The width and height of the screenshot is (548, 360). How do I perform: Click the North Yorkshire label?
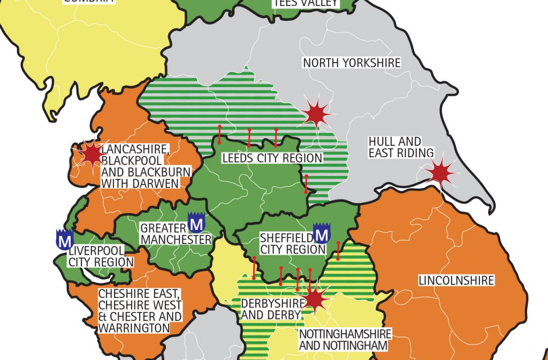click(x=352, y=63)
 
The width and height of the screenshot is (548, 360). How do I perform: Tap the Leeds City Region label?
click(x=272, y=158)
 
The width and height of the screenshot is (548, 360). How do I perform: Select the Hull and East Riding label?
click(x=401, y=147)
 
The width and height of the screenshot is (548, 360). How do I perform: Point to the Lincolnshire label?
click(x=456, y=280)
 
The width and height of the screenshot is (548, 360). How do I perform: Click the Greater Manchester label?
click(x=176, y=234)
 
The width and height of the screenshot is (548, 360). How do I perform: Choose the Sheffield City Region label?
click(x=285, y=243)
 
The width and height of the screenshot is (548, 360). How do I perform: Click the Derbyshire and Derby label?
click(x=272, y=309)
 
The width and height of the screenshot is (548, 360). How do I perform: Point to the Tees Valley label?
click(x=306, y=3)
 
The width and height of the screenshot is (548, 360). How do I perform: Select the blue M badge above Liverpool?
click(x=64, y=240)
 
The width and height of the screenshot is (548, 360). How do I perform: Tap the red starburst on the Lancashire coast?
click(x=92, y=154)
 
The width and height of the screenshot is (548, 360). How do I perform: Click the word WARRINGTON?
click(x=134, y=327)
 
